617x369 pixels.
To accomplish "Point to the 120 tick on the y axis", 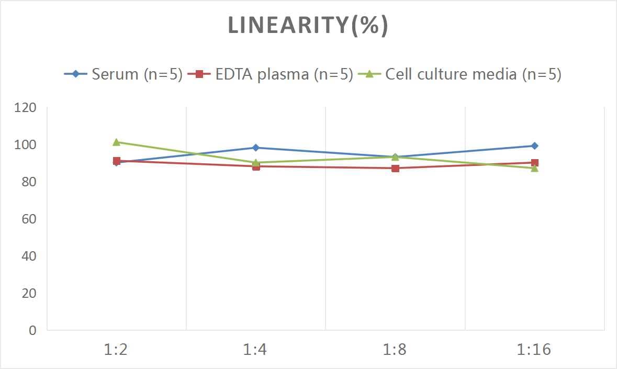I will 26,108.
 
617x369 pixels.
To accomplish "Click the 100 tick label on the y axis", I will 26,145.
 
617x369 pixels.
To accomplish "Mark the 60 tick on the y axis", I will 29,219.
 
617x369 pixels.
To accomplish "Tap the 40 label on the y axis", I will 29,256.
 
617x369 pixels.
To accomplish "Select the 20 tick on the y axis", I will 29,293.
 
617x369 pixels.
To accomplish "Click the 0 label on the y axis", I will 32,330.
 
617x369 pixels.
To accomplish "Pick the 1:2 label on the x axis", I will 116,349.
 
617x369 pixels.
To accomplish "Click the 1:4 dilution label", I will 255,349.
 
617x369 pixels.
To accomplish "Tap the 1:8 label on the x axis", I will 395,349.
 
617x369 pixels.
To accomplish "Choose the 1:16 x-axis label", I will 534,349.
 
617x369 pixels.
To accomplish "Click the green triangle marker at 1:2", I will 117,142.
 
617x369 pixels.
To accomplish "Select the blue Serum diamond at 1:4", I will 256,148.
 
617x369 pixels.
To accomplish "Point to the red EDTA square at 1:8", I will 396,168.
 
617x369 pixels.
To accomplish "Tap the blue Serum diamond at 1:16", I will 535,146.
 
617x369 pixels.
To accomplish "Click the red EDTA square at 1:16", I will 535,163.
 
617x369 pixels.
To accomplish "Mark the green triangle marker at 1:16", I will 535,168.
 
